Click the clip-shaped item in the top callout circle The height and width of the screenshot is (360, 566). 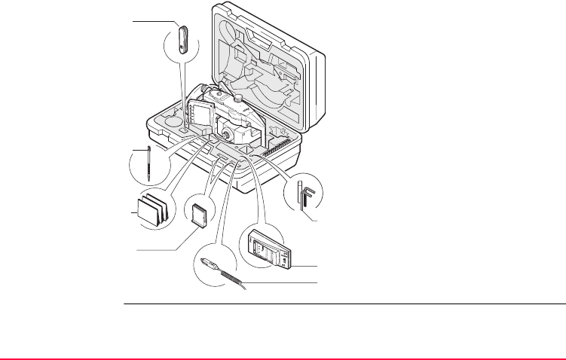pyautogui.click(x=183, y=39)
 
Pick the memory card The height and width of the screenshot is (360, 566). pyautogui.click(x=200, y=215)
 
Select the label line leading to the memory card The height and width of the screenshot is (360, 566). pyautogui.click(x=158, y=249)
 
